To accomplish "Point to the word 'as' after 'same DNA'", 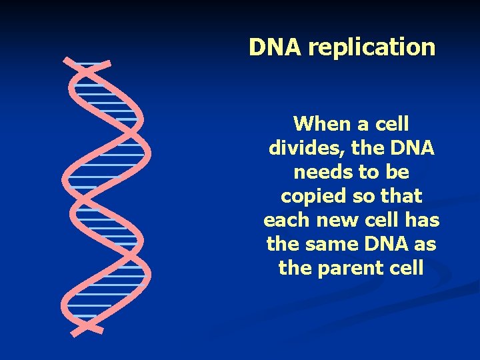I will point(423,244).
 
